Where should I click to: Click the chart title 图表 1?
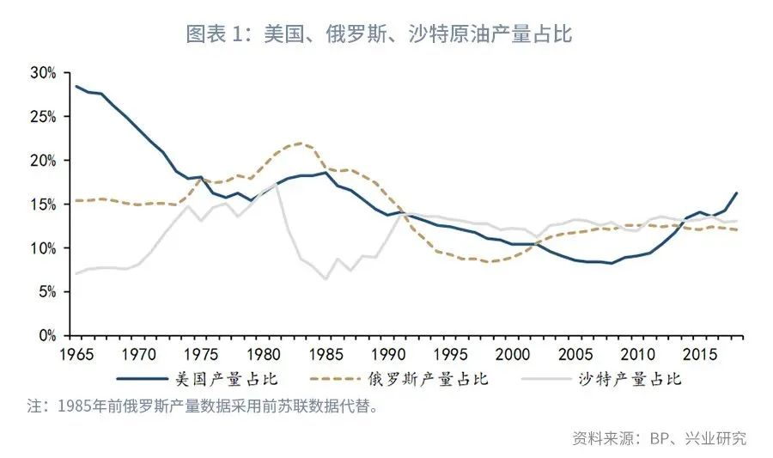[x=379, y=34]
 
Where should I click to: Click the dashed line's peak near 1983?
[x=300, y=143]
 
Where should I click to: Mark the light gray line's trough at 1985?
[x=326, y=278]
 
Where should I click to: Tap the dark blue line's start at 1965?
[x=75, y=86]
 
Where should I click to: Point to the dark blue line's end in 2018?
[x=737, y=192]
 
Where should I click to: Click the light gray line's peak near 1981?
[x=276, y=184]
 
